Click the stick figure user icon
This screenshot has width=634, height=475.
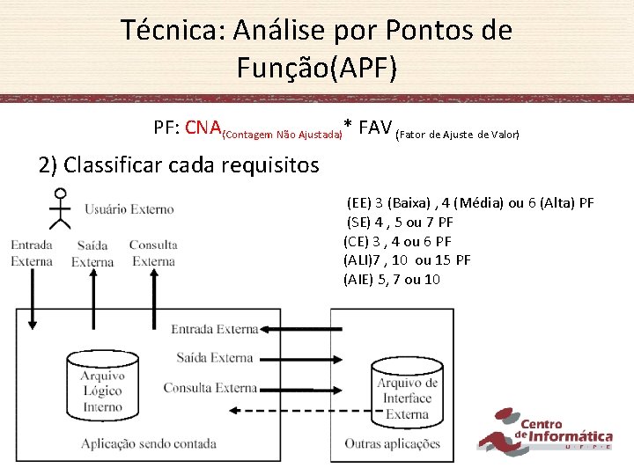[x=60, y=208]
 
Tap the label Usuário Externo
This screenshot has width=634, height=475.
[x=129, y=209]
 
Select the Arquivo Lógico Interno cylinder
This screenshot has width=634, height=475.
[x=103, y=384]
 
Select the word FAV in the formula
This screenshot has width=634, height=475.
[x=373, y=128]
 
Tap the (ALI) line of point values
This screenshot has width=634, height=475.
[x=407, y=260]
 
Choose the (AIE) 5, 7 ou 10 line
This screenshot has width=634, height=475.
[x=392, y=280]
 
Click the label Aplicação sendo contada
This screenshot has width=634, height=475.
[x=148, y=444]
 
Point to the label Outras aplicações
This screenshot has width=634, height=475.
[x=393, y=444]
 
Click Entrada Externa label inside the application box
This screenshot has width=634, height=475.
[x=214, y=329]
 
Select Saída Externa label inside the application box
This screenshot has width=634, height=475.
[x=215, y=357]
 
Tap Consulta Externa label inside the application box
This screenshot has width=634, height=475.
[x=210, y=387]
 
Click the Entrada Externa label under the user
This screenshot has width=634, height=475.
[x=32, y=252]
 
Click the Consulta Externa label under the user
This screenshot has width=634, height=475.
[x=153, y=252]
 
